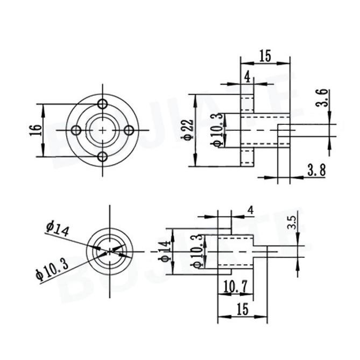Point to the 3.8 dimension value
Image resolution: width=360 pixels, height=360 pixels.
click(x=316, y=171)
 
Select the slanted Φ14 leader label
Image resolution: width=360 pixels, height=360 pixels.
click(x=58, y=229)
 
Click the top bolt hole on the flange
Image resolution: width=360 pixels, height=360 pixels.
click(x=103, y=104)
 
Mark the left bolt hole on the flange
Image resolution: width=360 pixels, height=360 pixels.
click(x=76, y=130)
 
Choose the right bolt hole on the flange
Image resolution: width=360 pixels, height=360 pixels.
click(x=129, y=130)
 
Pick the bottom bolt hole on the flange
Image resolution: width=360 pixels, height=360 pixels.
click(x=103, y=157)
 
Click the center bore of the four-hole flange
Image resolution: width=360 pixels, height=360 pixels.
click(x=103, y=130)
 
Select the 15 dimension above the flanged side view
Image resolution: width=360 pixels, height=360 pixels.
click(x=265, y=56)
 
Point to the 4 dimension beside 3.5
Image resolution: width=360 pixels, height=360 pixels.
click(x=251, y=209)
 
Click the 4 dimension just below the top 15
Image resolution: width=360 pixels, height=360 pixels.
click(x=247, y=76)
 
